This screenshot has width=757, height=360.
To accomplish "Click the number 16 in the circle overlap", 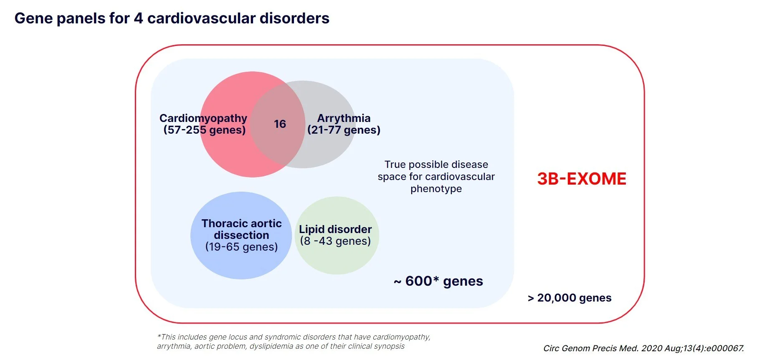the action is pyautogui.click(x=280, y=124).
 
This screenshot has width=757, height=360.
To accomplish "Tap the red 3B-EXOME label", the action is pyautogui.click(x=582, y=179).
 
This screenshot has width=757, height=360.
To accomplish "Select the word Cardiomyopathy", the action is pyautogui.click(x=203, y=118).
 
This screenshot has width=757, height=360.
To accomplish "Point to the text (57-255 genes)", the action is pyautogui.click(x=205, y=130).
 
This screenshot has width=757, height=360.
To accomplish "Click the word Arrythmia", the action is pyautogui.click(x=344, y=118).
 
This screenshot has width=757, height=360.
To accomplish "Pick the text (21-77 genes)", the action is pyautogui.click(x=344, y=130).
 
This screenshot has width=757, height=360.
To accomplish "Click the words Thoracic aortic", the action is pyautogui.click(x=241, y=223).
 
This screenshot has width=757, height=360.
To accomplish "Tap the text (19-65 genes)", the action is pyautogui.click(x=241, y=247).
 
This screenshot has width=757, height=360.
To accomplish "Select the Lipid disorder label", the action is pyautogui.click(x=335, y=229).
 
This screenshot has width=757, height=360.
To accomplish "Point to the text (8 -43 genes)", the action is pyautogui.click(x=335, y=241).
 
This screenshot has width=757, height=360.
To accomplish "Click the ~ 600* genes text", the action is pyautogui.click(x=438, y=281).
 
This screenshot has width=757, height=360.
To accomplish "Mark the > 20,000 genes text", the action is pyautogui.click(x=570, y=298).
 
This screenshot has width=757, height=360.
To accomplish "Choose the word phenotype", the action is pyautogui.click(x=436, y=189).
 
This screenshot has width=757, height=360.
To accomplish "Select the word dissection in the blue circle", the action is pyautogui.click(x=241, y=235).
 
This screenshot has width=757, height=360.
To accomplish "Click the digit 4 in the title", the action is pyautogui.click(x=138, y=18).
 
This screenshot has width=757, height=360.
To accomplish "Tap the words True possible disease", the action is pyautogui.click(x=436, y=165).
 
